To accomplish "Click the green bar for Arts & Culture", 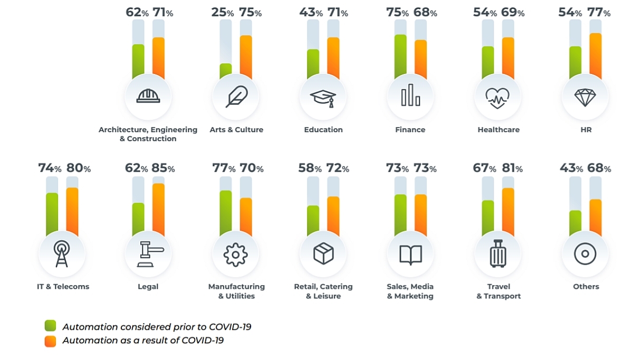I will pyautogui.click(x=226, y=71).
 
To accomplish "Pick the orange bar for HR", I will pyautogui.click(x=595, y=56).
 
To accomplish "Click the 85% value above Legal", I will pyautogui.click(x=163, y=169).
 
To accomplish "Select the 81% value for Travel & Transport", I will pyautogui.click(x=511, y=169).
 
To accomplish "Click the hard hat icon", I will pyautogui.click(x=148, y=96).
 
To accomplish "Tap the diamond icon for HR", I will pyautogui.click(x=584, y=97).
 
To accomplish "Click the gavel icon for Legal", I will pyautogui.click(x=148, y=254).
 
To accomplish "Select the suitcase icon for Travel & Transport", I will pyautogui.click(x=497, y=254).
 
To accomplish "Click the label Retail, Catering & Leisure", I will pyautogui.click(x=323, y=291).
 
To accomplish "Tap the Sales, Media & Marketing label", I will pyautogui.click(x=410, y=291).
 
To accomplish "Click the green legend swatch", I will pyautogui.click(x=51, y=326).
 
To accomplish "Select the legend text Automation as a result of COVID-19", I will pyautogui.click(x=143, y=341).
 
